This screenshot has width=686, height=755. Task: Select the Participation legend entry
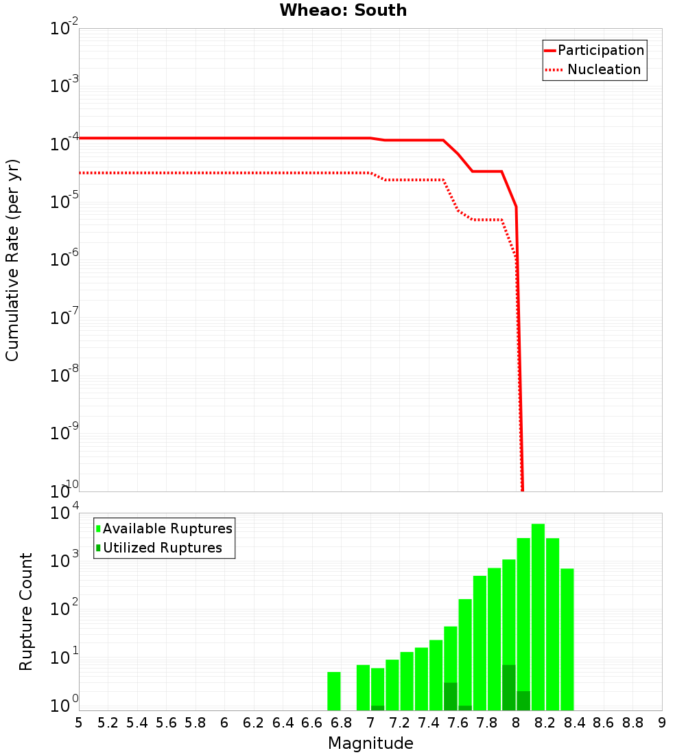coord(594,51)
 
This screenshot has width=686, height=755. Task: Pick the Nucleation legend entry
coord(594,70)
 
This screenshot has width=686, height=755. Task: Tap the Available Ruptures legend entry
coord(165,528)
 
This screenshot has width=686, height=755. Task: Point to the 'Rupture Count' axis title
coord(26,611)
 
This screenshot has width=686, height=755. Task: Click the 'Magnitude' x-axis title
coord(370,743)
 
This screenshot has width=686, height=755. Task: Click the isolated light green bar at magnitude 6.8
coord(334,691)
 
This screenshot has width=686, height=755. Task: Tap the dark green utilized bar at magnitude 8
coord(508,687)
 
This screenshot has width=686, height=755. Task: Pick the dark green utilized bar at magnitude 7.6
coord(450,696)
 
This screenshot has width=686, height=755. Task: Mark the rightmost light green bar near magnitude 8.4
coord(567,639)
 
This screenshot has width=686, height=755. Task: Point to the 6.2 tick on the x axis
coord(254,723)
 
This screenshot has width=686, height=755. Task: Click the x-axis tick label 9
coord(662,723)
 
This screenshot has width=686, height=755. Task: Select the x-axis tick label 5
coord(79,723)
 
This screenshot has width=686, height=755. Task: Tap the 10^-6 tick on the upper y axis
coord(64,260)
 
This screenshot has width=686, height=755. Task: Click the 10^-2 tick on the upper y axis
coord(64,29)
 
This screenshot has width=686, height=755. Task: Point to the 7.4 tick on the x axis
coord(429,723)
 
